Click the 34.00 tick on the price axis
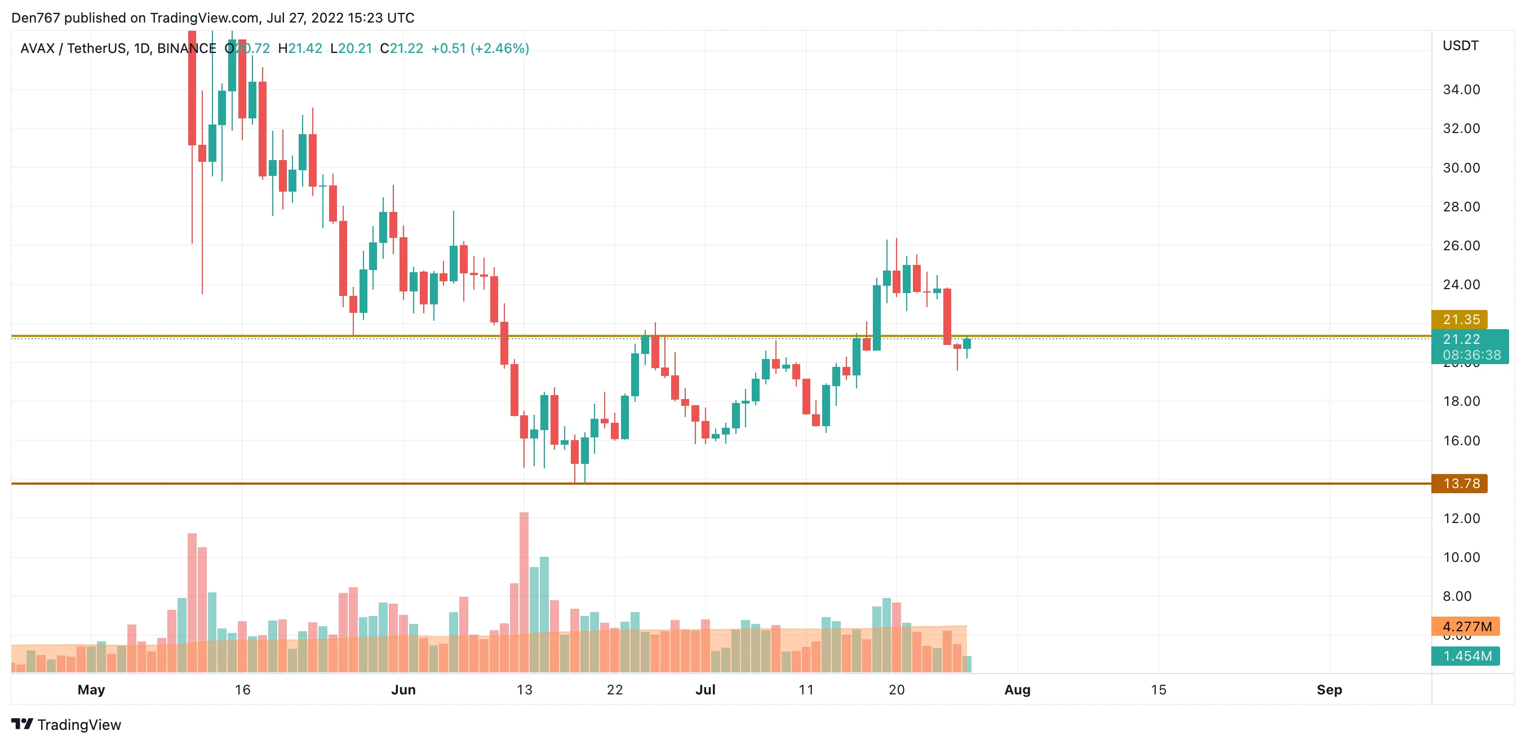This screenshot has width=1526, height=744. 1461,90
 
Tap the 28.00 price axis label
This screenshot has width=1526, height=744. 1461,207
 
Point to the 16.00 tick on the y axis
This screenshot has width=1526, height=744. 1461,441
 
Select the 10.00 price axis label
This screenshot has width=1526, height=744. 1461,557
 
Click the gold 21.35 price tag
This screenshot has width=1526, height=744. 1461,319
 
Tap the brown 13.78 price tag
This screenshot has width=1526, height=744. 1461,484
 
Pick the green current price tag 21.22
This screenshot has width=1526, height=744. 1469,339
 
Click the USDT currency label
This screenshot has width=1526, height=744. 1460,46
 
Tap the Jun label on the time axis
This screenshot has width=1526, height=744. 403,689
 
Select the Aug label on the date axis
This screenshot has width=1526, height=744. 1017,689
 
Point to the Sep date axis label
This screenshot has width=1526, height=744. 1329,689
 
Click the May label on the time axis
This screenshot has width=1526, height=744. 91,689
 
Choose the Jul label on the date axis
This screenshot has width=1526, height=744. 705,689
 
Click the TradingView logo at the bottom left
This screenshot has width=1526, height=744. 66,724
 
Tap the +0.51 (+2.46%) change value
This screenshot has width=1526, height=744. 480,48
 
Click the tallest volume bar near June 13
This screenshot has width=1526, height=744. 524,592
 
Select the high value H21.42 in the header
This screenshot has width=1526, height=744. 300,48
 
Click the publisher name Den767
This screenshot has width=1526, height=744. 36,18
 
